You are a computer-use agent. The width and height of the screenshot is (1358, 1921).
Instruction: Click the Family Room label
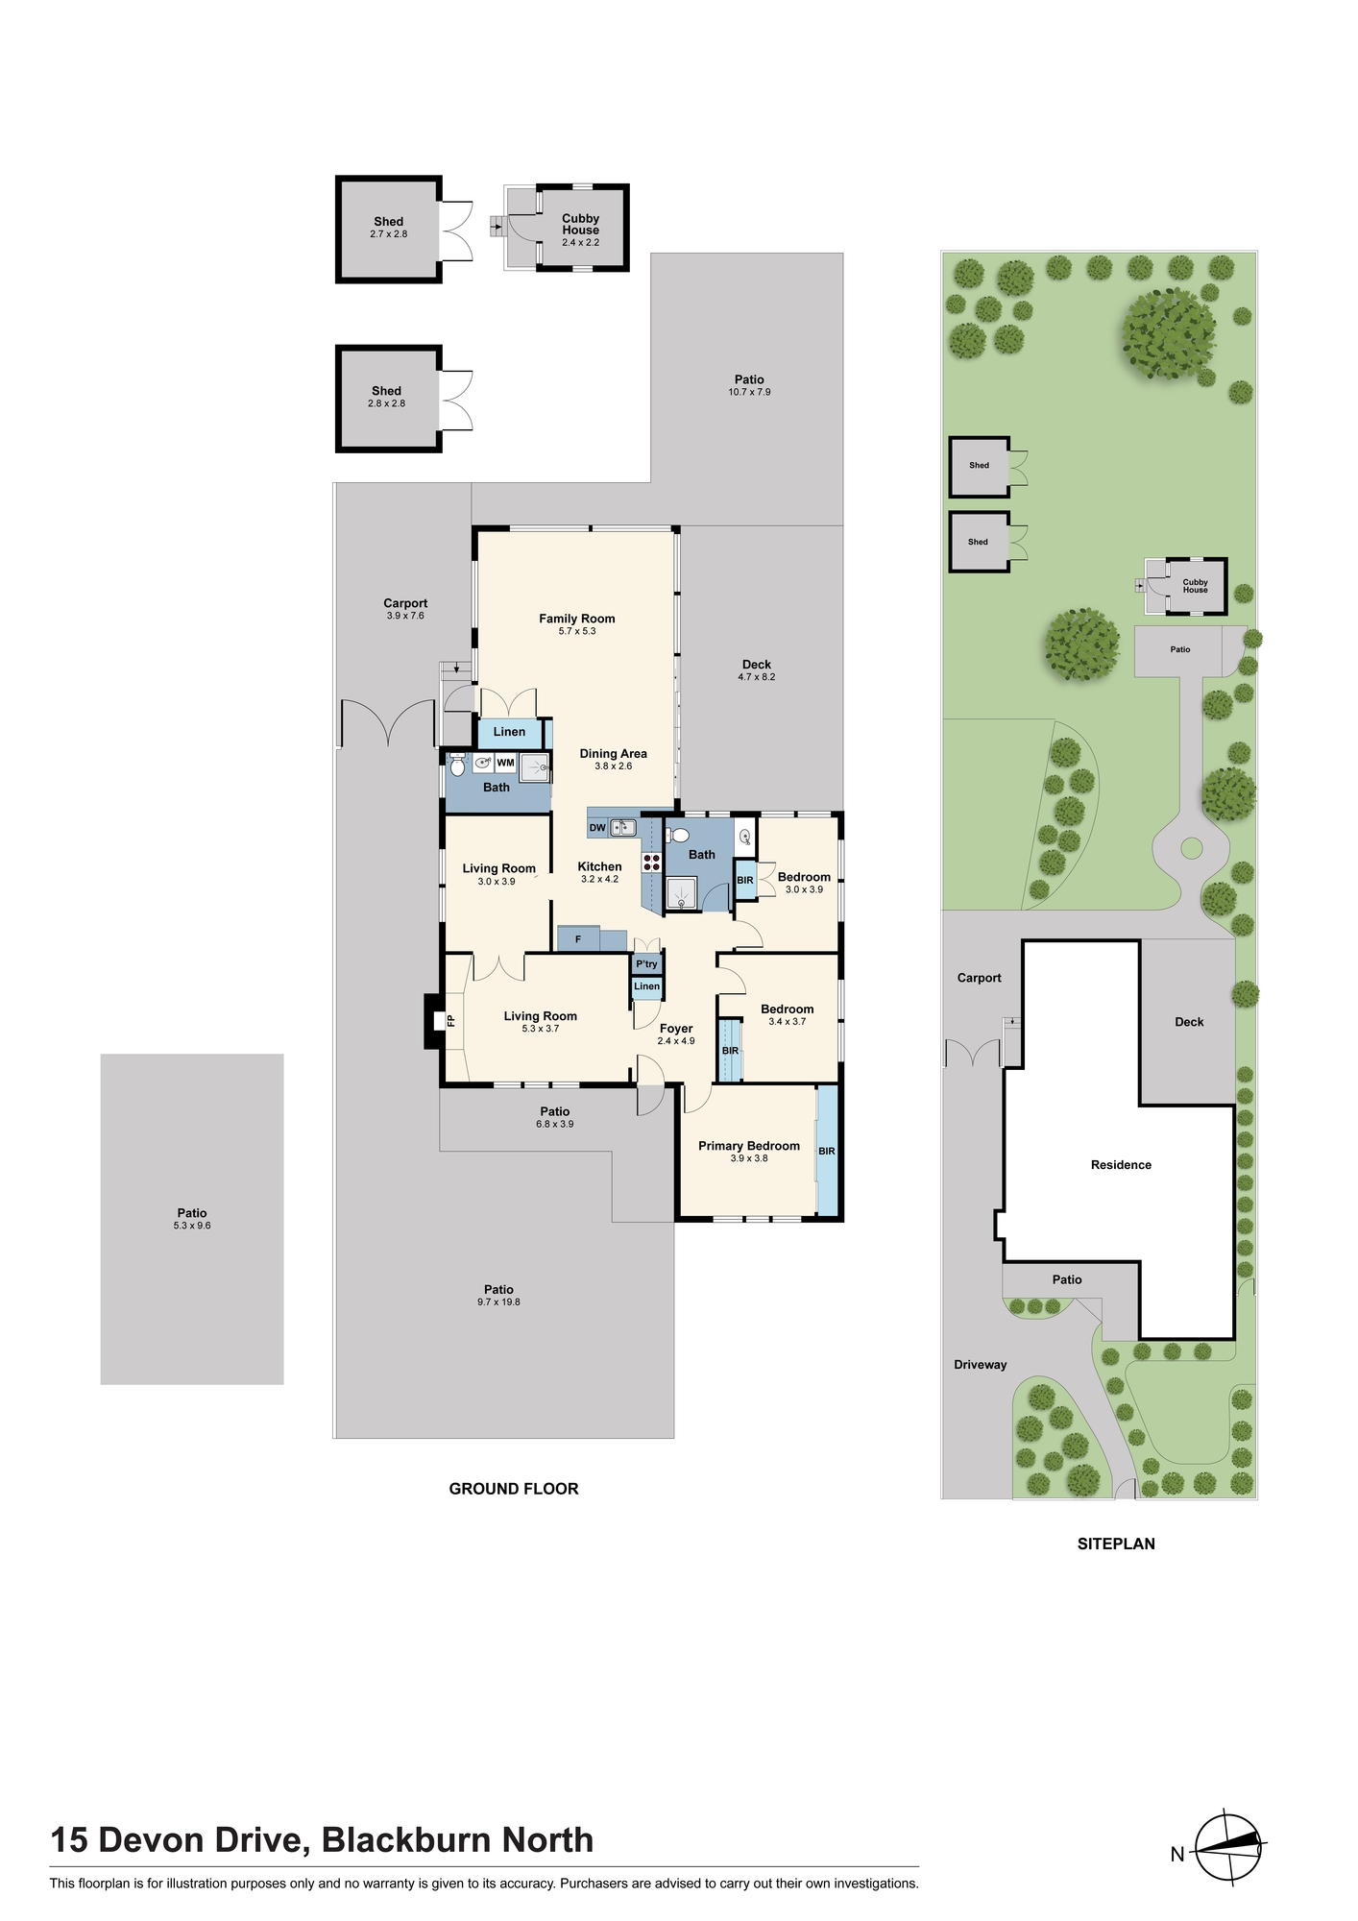click(x=576, y=619)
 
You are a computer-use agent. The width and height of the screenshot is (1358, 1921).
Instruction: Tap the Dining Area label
click(x=613, y=754)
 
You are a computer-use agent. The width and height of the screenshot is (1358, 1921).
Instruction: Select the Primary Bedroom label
click(x=749, y=1146)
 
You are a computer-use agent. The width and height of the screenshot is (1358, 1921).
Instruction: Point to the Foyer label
click(x=676, y=1029)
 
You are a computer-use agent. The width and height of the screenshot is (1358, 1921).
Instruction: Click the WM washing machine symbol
click(x=505, y=763)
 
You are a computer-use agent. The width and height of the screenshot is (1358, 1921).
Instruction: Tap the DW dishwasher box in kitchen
click(x=597, y=828)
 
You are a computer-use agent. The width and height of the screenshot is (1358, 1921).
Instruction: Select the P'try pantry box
click(x=646, y=964)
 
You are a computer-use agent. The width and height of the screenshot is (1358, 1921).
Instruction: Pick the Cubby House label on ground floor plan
click(x=581, y=225)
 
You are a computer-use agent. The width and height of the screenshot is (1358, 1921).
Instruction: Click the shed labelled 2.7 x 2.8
click(x=388, y=230)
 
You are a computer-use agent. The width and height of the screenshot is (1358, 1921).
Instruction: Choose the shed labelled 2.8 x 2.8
click(x=388, y=399)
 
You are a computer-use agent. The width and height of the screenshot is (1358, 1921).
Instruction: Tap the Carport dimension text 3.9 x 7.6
click(x=405, y=616)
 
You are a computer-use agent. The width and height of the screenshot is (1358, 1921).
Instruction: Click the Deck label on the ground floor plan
click(x=757, y=665)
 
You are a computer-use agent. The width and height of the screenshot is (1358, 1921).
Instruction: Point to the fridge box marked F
click(x=578, y=939)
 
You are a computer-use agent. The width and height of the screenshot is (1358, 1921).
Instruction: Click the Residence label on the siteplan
click(x=1121, y=1165)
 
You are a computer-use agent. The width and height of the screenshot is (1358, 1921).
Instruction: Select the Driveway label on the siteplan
click(x=981, y=1365)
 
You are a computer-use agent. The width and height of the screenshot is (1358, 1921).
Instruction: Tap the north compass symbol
click(x=1229, y=1846)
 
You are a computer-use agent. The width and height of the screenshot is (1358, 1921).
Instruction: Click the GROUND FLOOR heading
click(x=514, y=1489)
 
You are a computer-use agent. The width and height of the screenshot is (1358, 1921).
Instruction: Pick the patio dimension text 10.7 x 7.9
click(x=749, y=392)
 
